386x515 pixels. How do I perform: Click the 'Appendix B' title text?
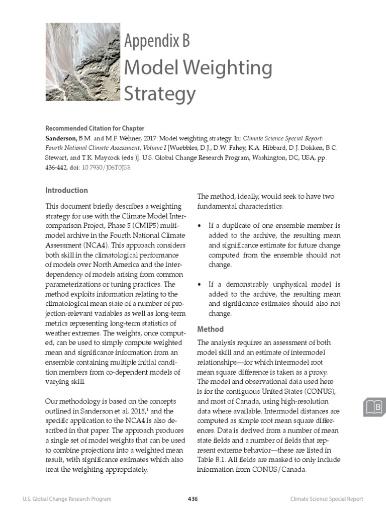tap(157, 41)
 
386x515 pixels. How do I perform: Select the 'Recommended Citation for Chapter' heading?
tap(95, 128)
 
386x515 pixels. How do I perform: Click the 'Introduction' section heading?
tap(66, 191)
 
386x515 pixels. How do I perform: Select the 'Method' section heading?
tap(210, 329)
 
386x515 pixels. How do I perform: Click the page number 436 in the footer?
tap(192, 499)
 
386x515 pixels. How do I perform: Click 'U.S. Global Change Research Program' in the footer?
tap(67, 499)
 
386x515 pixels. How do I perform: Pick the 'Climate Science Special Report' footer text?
tap(327, 499)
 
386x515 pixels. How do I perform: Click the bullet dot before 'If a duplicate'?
tap(200, 225)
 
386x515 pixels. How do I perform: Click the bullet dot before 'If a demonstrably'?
tap(200, 284)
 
